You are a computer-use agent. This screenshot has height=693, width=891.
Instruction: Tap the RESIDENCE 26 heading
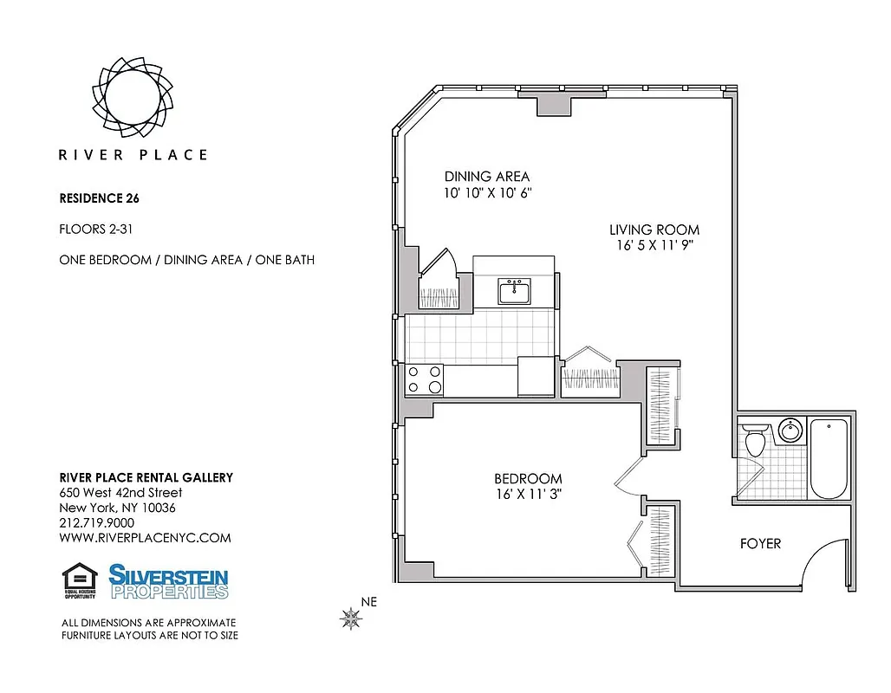99,198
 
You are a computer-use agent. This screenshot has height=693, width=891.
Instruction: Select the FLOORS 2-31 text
94,230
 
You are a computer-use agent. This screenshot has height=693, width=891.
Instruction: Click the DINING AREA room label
486,177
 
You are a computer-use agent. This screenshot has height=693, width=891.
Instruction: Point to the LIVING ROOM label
654,230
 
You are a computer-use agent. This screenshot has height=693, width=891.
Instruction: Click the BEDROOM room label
528,478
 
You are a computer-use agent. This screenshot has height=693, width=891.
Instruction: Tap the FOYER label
760,544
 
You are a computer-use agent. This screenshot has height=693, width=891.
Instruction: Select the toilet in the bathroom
754,441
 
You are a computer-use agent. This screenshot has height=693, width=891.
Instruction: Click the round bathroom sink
790,431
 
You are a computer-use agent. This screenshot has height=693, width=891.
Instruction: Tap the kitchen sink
514,291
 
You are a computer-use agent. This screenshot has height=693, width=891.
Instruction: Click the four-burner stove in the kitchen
425,379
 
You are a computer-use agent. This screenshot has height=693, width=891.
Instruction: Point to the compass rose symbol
351,618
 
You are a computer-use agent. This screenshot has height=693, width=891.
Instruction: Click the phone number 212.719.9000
96,522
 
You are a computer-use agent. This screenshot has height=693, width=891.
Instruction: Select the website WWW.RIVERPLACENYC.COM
145,537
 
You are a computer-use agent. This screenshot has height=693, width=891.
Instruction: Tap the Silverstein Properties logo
169,581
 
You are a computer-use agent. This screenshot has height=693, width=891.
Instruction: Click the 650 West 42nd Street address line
120,493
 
